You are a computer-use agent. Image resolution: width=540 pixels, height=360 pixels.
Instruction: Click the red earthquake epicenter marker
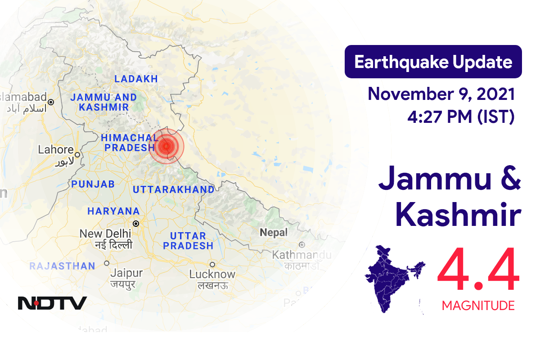pos(166,146)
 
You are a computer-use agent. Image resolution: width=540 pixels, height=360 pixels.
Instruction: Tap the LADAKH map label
pos(136,79)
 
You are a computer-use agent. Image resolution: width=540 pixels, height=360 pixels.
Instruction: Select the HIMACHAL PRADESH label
pos(130,143)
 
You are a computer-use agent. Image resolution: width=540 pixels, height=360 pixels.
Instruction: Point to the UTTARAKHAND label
pos(173,190)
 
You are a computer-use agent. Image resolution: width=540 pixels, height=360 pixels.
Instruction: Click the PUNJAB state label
pos(93,184)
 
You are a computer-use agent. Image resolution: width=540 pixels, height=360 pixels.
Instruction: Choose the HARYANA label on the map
pos(113,211)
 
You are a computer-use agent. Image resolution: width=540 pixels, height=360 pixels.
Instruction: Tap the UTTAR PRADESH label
pos(188,241)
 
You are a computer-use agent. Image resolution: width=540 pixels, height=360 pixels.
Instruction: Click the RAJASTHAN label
pos(63,266)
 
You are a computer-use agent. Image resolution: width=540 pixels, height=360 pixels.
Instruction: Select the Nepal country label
pos(273,233)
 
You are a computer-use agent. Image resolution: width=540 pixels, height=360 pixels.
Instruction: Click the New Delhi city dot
pos(135,223)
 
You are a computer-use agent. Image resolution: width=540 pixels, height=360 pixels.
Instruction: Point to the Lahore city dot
pos(77,155)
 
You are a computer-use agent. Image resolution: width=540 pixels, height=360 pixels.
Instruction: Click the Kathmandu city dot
pos(301,245)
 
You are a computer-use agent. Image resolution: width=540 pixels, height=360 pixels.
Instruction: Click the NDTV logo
pos(52,303)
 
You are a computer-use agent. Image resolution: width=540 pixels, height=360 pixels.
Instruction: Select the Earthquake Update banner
pos(433,62)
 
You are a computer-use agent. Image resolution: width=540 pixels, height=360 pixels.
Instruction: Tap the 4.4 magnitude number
pos(478,272)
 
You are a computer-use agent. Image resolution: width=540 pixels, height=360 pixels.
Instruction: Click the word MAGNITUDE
pos(478,306)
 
